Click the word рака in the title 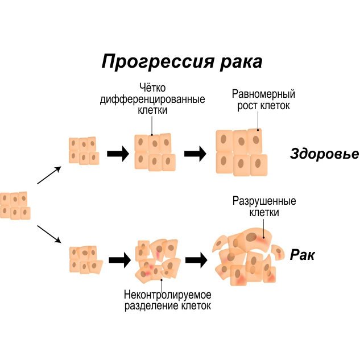tap(241, 61)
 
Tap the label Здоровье tap(324, 154)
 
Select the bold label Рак tap(302, 255)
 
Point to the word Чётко tap(152, 88)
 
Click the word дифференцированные tap(152, 100)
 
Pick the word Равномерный tap(263, 94)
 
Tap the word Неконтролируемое tap(167, 295)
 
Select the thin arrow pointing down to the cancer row tap(49, 234)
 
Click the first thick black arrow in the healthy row tap(118, 154)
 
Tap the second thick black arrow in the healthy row tap(195, 154)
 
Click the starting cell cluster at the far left tap(14, 205)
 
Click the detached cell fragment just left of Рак tap(278, 251)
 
